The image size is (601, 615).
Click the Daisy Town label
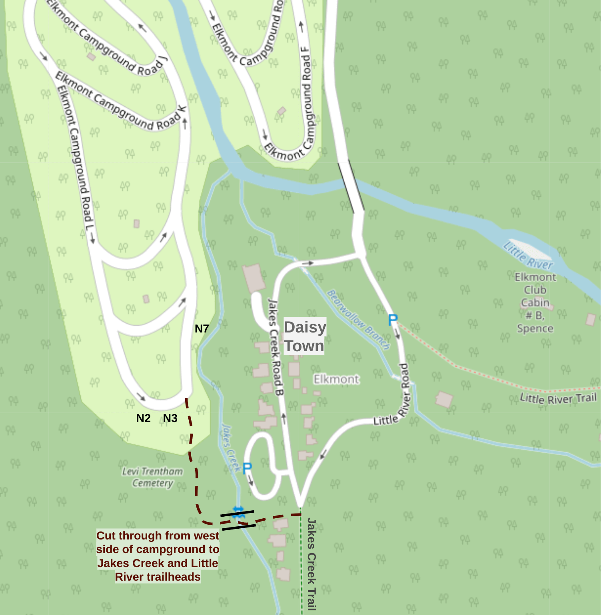coord(305,336)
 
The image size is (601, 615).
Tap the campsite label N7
coord(202,328)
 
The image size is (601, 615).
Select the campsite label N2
coord(143,418)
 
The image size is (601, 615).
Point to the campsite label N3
coord(170,418)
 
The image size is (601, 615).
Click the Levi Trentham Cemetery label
coord(152,477)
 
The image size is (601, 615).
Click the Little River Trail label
coord(558,398)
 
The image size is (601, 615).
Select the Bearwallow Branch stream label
coord(358,319)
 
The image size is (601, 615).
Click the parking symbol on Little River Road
coord(393,320)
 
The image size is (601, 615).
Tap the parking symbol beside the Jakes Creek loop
coord(247,468)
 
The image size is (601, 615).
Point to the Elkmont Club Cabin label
coord(535,303)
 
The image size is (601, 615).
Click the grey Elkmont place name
coord(336,379)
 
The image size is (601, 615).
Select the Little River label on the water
coord(528,255)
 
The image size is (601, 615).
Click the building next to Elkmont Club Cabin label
coord(591,319)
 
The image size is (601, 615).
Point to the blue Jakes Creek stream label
coord(231,448)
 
